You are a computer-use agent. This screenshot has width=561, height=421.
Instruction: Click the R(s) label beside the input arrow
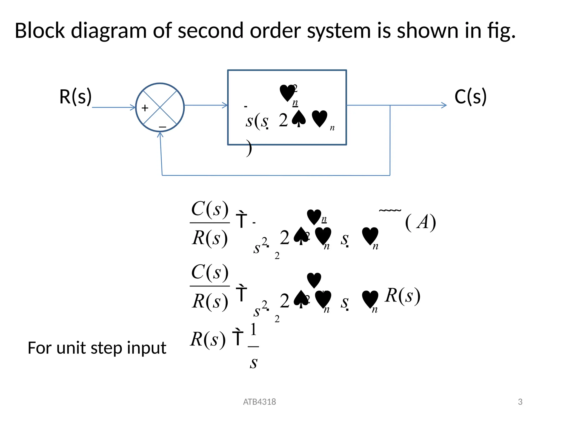[75, 97]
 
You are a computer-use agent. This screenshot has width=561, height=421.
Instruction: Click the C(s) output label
[470, 97]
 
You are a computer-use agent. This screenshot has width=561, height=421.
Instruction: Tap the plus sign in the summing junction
[145, 108]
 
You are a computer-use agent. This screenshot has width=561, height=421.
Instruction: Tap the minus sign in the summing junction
[162, 127]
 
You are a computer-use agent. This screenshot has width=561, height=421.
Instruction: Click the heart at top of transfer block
[287, 93]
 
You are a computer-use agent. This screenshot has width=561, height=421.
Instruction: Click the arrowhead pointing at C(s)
[444, 105]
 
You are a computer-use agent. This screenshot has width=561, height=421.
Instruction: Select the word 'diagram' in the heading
[109, 31]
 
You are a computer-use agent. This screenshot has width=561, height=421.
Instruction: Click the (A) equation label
[420, 222]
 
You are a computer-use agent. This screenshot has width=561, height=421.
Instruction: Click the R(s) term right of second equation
[402, 296]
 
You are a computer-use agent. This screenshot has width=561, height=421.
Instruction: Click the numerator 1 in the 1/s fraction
[253, 329]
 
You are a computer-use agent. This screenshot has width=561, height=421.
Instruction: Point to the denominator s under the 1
[254, 363]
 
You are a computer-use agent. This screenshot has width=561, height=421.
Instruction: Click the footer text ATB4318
[259, 402]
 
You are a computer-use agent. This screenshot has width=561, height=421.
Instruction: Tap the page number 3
[520, 402]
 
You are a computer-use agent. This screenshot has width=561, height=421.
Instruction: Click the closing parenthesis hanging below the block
[249, 148]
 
